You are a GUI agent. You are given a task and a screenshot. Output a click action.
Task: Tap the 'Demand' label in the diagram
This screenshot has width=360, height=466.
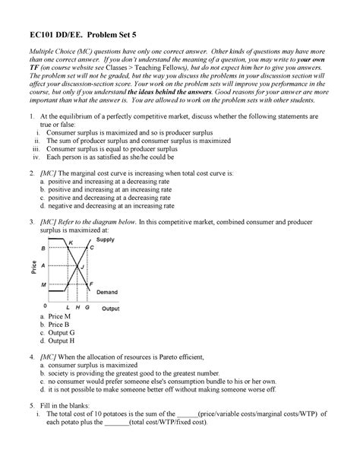106,292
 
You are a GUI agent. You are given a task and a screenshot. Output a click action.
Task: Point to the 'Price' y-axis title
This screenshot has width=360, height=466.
34,268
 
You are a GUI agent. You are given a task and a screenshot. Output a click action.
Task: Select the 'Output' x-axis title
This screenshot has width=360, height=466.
111,309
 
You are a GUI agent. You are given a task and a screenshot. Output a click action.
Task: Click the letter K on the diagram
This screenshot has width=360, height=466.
71,243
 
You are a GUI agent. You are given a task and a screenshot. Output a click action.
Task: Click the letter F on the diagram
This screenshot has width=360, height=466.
91,284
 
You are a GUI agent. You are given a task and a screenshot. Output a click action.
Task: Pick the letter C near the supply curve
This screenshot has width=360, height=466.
91,248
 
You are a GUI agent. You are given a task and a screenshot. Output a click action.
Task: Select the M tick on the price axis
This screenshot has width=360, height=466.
43,284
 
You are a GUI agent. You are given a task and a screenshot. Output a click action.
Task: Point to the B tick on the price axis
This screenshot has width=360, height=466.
43,249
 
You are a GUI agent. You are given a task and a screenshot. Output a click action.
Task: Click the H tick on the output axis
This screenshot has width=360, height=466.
78,308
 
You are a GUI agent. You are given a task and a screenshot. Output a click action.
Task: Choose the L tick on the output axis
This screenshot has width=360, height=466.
68,308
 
